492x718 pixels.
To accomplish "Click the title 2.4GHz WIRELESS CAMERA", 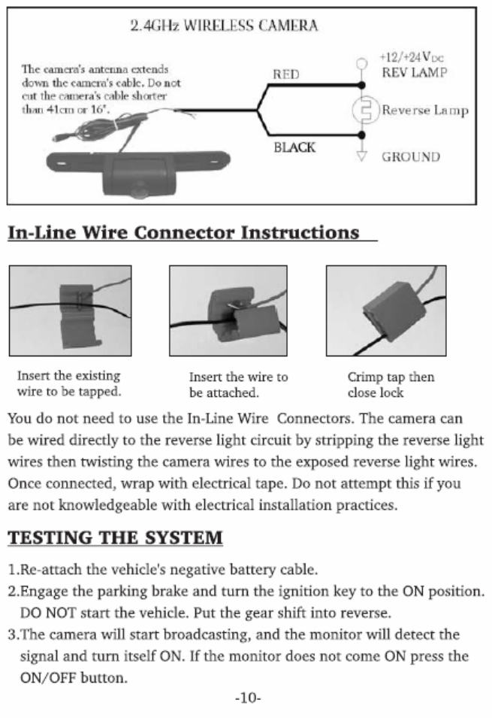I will tap(224, 26).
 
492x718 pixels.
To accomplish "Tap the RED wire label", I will tap(285, 74).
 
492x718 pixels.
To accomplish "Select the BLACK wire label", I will tap(294, 147).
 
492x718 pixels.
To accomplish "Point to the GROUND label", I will tap(411, 157).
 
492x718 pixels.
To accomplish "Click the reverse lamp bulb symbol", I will tap(364, 110).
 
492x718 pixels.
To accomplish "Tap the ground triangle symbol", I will tap(362, 157).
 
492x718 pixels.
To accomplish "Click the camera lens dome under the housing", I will tap(138, 192).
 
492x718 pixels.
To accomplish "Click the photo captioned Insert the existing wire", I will tap(70, 310).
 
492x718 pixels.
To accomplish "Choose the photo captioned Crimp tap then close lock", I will tap(385, 310).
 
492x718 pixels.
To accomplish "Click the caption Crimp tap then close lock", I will tap(390, 384).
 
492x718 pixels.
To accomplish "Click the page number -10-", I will tap(247, 698).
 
